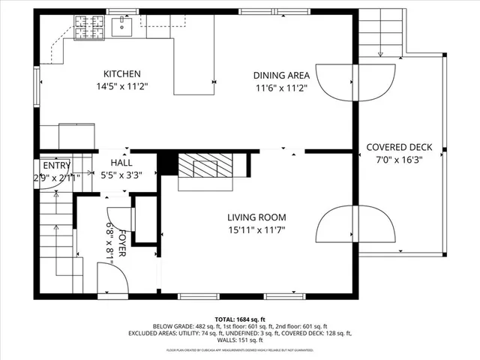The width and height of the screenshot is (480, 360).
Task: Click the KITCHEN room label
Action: [x=122, y=73]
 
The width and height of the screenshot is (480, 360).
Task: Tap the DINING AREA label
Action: [x=281, y=75]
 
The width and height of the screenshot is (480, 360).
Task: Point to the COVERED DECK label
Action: [x=399, y=147]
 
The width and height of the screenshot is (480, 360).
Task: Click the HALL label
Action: [x=121, y=163]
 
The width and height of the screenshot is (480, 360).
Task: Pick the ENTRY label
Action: [x=56, y=166]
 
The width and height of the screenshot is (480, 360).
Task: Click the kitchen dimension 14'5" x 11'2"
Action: [x=122, y=86]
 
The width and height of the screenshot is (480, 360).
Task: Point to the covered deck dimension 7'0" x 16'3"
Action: [x=399, y=160]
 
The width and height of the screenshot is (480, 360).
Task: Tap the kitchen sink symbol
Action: [x=121, y=27]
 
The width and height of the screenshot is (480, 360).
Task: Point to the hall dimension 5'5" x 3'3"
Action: [x=121, y=175]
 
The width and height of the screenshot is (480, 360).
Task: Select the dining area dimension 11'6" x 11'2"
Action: [x=281, y=87]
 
